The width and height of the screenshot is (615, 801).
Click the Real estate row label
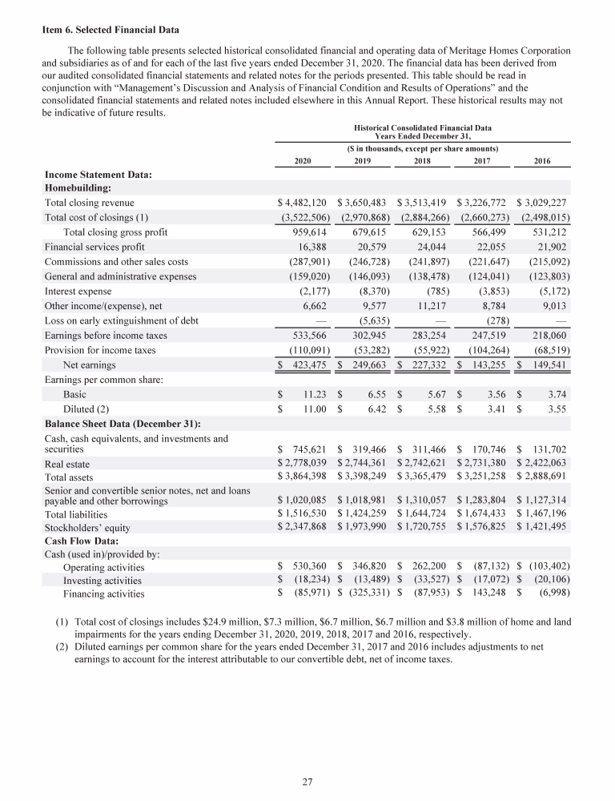[67, 464]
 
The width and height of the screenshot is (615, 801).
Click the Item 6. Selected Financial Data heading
[111, 31]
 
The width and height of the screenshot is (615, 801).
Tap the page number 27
[307, 782]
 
